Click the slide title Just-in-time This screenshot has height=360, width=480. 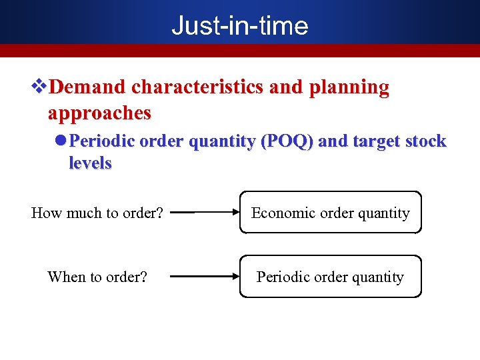[240, 25]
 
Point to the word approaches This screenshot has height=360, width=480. [99, 113]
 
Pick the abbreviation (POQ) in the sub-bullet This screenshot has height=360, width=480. [290, 141]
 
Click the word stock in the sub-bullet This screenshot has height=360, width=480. [426, 141]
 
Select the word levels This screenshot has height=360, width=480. [90, 163]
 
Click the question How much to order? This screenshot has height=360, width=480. [97, 213]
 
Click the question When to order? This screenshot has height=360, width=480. [97, 277]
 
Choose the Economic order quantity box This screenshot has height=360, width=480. [331, 213]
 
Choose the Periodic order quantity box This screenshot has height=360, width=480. [331, 276]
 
